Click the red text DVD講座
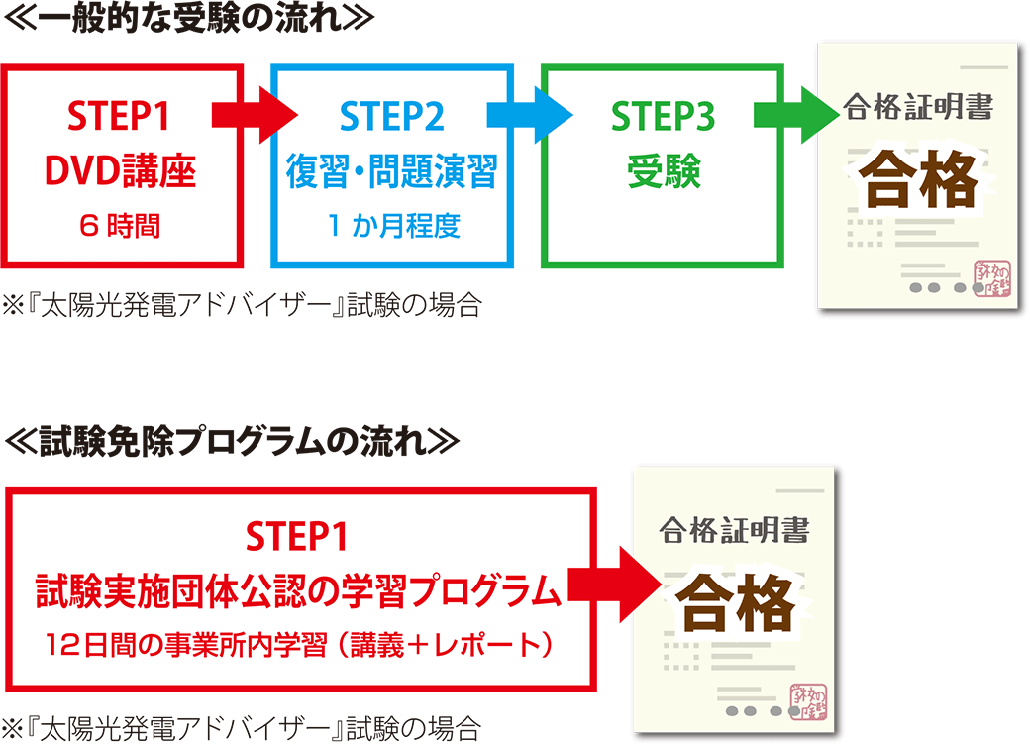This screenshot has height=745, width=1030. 121,173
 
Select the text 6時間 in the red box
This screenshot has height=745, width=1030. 121,227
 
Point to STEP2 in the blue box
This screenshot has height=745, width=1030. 391,117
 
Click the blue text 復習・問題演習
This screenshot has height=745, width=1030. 391,173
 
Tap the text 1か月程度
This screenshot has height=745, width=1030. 392,227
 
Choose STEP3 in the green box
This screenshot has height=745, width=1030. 662,117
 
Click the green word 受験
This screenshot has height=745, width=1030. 663,173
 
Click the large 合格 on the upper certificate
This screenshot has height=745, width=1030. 918,179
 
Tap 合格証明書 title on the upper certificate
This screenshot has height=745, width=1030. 918,107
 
